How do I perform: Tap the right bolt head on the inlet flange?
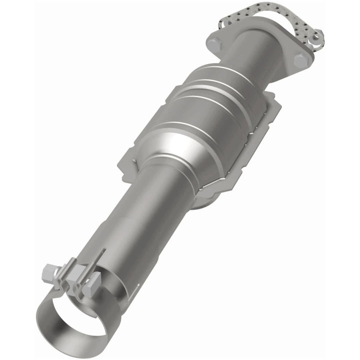[300, 60]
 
